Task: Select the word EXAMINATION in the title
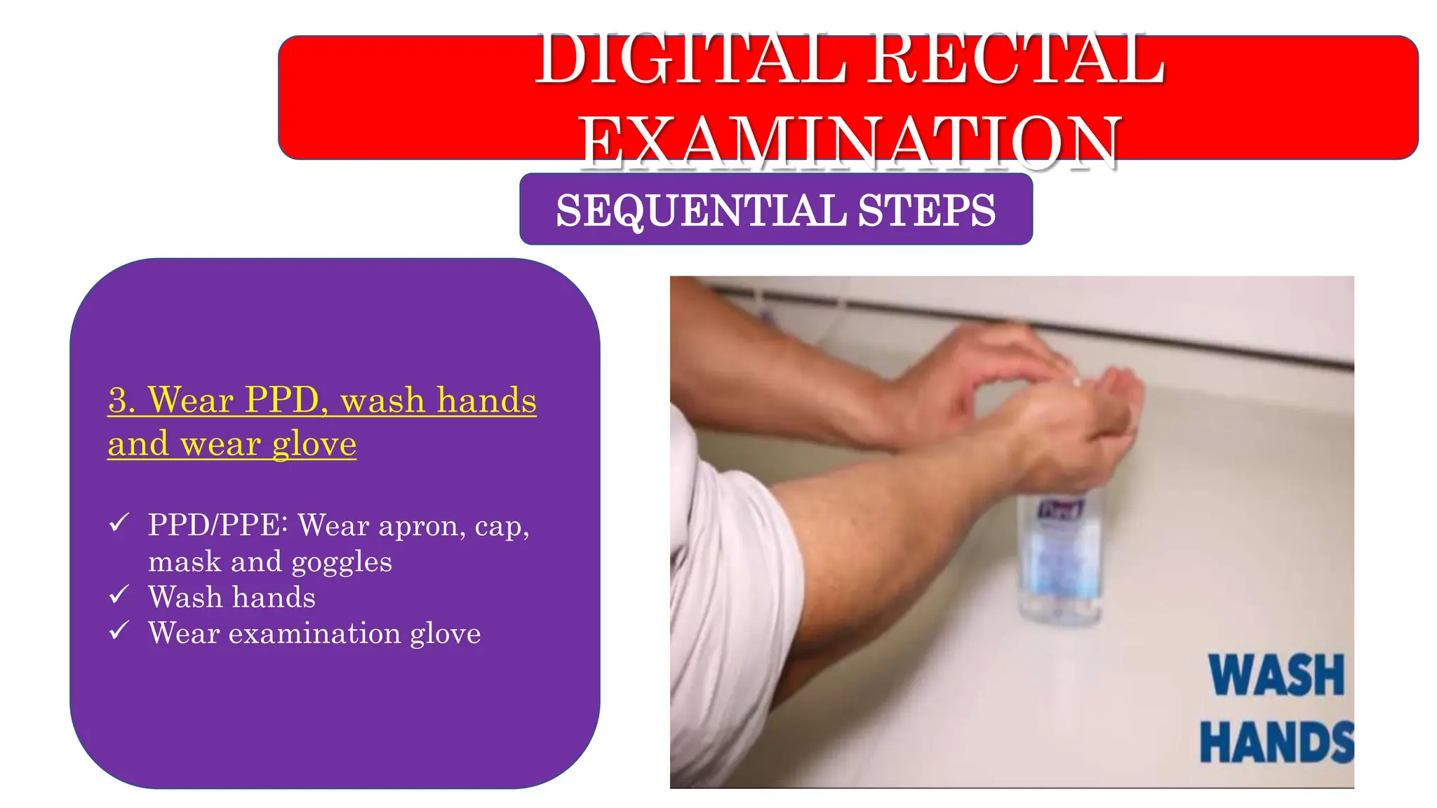(x=849, y=142)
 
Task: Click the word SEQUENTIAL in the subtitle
(x=701, y=210)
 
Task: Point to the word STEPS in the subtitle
(x=926, y=210)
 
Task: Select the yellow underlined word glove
(x=314, y=445)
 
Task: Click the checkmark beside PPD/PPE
(x=119, y=523)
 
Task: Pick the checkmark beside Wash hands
(x=119, y=595)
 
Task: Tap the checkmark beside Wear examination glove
(x=119, y=631)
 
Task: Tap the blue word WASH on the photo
(x=1276, y=675)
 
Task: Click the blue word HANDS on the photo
(x=1276, y=742)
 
